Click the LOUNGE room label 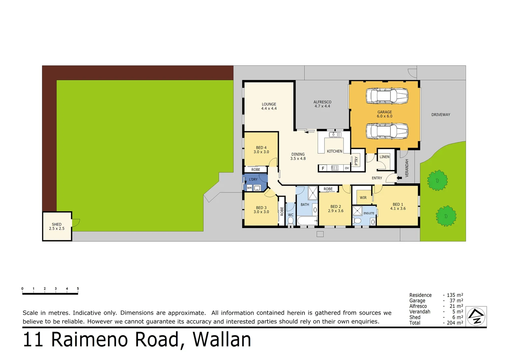pyautogui.click(x=269, y=104)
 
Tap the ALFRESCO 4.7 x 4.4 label pyautogui.click(x=322, y=104)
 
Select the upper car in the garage pyautogui.click(x=387, y=96)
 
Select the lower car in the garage pyautogui.click(x=387, y=131)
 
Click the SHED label pyautogui.click(x=57, y=225)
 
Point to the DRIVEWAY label pyautogui.click(x=440, y=115)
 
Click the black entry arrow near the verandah pyautogui.click(x=399, y=178)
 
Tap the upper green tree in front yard pyautogui.click(x=437, y=180)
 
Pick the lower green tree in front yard pyautogui.click(x=446, y=216)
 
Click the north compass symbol pyautogui.click(x=476, y=316)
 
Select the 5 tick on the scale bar pyautogui.click(x=78, y=289)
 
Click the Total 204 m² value pyautogui.click(x=454, y=323)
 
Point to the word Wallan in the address pyautogui.click(x=222, y=340)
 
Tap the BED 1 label pyautogui.click(x=398, y=204)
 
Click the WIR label pyautogui.click(x=363, y=198)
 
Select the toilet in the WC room pyautogui.click(x=290, y=221)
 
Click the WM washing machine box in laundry pyautogui.click(x=249, y=188)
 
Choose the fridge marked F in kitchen pyautogui.click(x=322, y=168)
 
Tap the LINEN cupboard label pyautogui.click(x=384, y=157)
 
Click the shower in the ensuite pyautogui.click(x=357, y=211)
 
